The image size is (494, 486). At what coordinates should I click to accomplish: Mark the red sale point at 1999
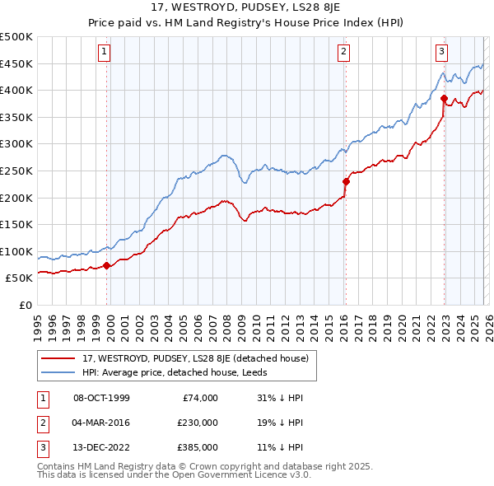pos(107,265)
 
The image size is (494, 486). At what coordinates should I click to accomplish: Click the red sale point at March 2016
pos(346,181)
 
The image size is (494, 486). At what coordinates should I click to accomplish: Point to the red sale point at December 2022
pos(444,98)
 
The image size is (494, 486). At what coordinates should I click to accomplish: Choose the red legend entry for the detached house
pos(194,358)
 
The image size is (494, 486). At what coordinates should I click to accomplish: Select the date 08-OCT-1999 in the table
pos(101,398)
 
